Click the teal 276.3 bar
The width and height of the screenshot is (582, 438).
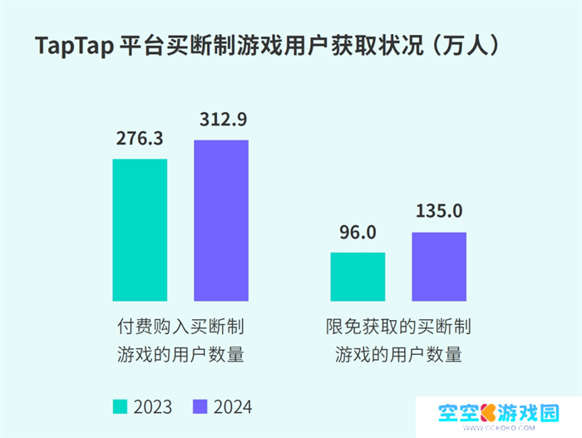coord(140,229)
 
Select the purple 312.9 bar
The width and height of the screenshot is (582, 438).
coord(221,220)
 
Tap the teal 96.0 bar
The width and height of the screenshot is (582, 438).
coord(358,277)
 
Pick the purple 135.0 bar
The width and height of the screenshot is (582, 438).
coord(439,267)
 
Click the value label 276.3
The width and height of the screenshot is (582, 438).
coord(140,139)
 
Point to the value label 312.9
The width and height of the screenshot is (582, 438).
coord(222,120)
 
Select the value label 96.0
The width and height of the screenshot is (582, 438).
coord(358,232)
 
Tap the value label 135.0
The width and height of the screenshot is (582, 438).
coord(439,211)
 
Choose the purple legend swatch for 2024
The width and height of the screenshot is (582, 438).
coord(200,406)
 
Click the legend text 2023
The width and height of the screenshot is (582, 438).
coord(152,406)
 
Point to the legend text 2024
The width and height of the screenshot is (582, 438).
coord(232,406)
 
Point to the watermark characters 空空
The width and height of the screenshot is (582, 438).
coord(459,412)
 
